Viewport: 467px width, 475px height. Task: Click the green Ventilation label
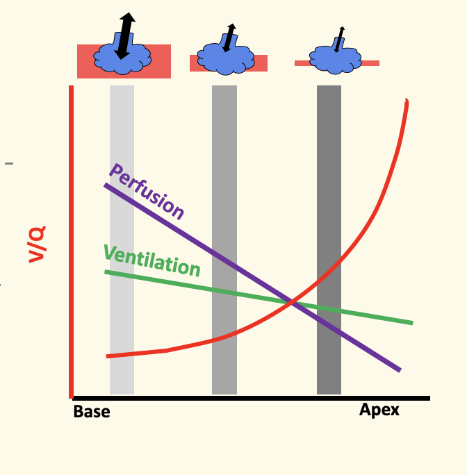151,260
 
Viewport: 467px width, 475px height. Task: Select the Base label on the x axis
92,412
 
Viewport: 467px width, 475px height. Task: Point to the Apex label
379,410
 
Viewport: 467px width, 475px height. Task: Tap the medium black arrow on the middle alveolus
229,37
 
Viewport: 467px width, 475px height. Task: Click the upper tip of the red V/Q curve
406,102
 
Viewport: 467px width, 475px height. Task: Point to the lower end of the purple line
399,369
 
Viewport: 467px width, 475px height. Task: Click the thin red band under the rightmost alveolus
370,63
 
